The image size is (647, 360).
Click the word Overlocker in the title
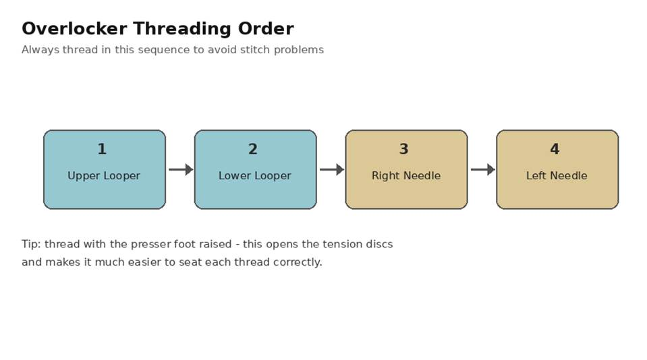tap(74, 29)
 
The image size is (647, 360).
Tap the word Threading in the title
tap(182, 30)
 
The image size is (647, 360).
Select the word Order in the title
tap(266, 29)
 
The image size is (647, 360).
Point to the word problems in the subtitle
tap(299, 50)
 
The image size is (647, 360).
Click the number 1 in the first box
tap(102, 149)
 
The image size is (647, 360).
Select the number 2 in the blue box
tap(253, 149)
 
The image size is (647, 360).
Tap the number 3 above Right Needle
tap(404, 149)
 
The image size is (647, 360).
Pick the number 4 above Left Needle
tap(555, 149)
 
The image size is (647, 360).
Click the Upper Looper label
tap(104, 176)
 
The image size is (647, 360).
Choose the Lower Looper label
tap(255, 176)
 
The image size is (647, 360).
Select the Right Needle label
tap(406, 176)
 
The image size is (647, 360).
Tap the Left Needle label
tap(557, 176)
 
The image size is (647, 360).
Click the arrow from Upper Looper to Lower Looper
tap(181, 169)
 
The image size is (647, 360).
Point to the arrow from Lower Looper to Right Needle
tap(332, 169)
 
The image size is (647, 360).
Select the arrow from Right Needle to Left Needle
tap(483, 169)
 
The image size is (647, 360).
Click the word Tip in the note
tap(31, 244)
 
